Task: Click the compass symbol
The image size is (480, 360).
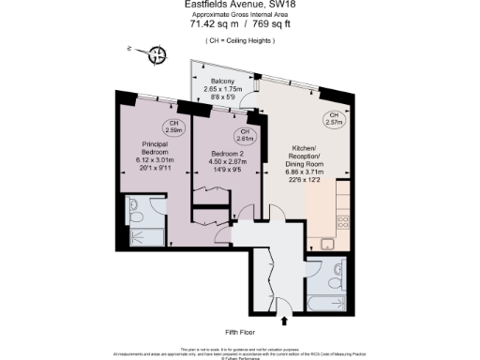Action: click(157, 55)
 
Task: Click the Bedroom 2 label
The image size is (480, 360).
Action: click(228, 154)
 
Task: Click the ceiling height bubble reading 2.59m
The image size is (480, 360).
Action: click(173, 127)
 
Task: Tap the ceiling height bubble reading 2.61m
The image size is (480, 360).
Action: click(244, 134)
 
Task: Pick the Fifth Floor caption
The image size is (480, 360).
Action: click(240, 333)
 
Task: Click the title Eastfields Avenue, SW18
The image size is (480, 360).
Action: click(240, 5)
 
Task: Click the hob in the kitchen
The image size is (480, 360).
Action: click(343, 223)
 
